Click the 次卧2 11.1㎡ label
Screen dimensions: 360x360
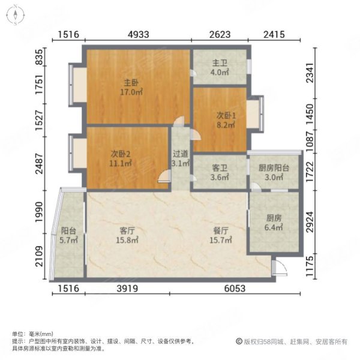click(121, 157)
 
